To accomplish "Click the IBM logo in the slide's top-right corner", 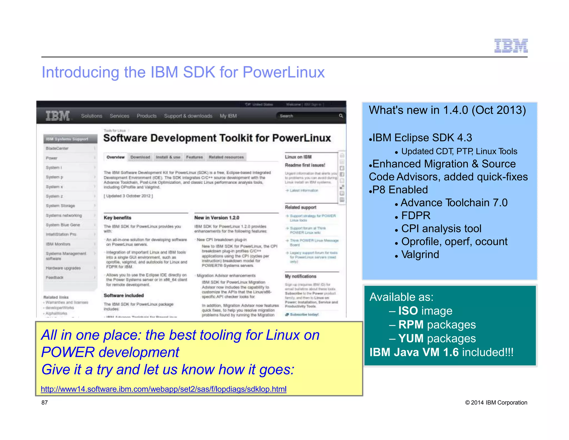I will click(511, 46).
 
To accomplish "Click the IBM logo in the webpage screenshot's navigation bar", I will click(58, 116).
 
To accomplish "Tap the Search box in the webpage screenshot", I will click(308, 116).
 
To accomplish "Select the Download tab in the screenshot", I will click(140, 157).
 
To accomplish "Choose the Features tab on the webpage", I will click(194, 157).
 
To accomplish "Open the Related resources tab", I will click(226, 157).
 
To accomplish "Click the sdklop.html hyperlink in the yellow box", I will click(164, 389).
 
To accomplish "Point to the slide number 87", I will click(44, 402).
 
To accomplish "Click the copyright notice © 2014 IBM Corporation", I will click(496, 402).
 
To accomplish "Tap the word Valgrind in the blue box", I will click(420, 254).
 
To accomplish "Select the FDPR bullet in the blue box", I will click(416, 216).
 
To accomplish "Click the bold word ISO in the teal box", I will click(408, 311).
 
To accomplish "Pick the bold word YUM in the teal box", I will click(411, 338).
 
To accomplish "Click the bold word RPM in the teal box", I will click(411, 325).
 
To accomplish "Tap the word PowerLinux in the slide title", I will click(283, 72).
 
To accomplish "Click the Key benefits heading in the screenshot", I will click(118, 218).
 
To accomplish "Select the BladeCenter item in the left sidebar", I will click(57, 149).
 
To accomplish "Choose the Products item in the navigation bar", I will click(147, 116).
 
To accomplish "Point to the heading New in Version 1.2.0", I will click(217, 218).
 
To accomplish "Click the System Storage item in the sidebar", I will click(60, 206).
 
